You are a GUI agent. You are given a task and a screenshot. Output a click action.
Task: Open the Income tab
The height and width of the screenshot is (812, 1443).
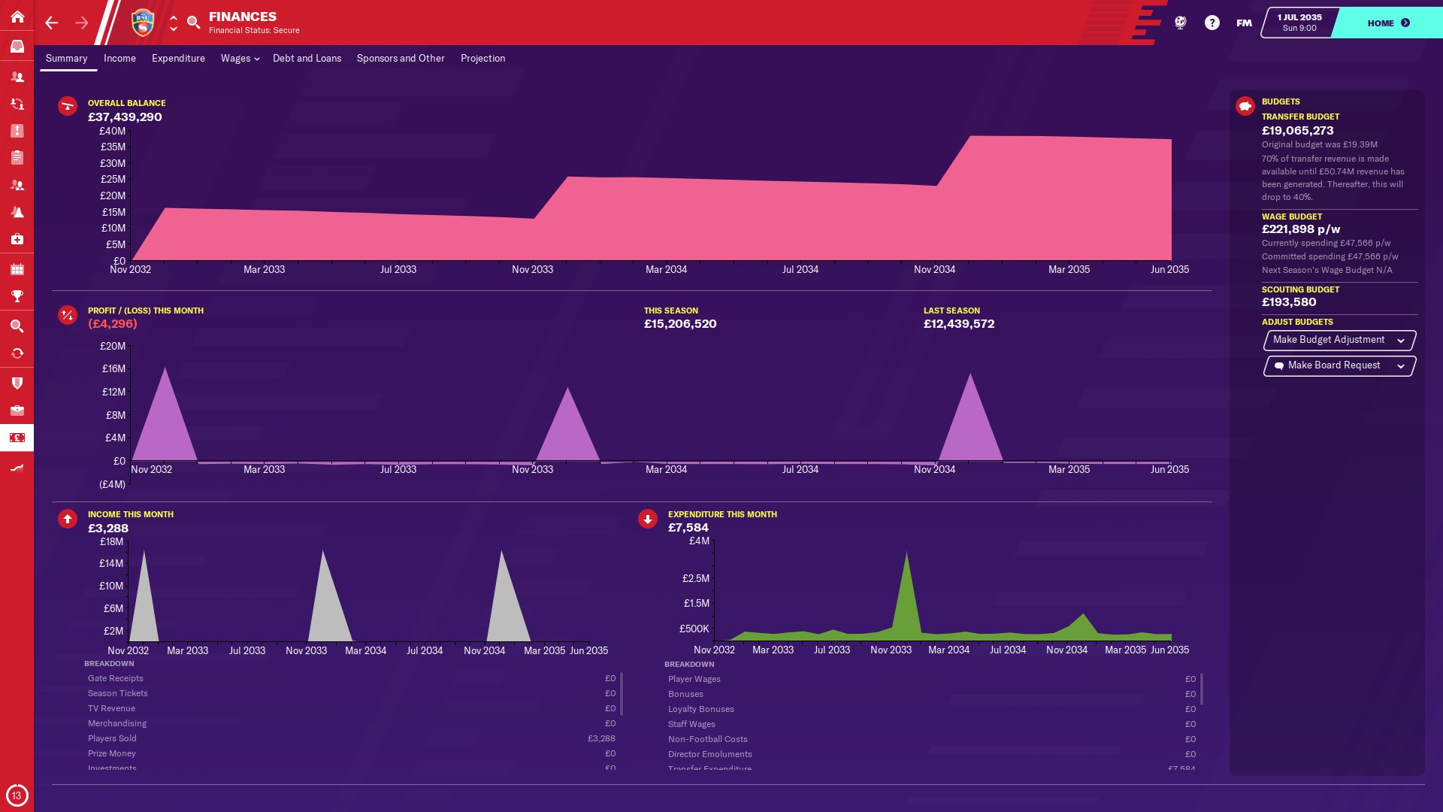tap(119, 58)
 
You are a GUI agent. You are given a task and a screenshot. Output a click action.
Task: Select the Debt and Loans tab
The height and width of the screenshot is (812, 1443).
tap(307, 58)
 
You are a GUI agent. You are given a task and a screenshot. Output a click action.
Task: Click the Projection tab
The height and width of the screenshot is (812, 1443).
tap(483, 58)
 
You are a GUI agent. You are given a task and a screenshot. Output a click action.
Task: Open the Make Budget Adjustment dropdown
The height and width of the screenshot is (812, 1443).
tap(1339, 340)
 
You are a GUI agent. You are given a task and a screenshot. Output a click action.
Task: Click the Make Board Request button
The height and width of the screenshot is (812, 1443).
tap(1339, 365)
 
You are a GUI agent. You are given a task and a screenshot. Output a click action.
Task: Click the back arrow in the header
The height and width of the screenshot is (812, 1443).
tap(51, 23)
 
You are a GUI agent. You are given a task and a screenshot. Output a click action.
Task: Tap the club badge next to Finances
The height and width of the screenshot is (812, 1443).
tap(142, 23)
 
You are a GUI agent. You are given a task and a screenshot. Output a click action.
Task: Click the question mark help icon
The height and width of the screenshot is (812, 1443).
tap(1212, 23)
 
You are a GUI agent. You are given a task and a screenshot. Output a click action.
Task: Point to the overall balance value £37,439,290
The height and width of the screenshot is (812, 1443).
tap(125, 117)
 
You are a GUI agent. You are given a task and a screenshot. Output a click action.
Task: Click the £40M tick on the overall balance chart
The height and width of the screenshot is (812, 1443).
tap(113, 131)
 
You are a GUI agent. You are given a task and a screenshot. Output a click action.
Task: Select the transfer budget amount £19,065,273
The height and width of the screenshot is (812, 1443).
tap(1297, 131)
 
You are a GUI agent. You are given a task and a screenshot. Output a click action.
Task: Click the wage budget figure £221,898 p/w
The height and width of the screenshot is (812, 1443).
tap(1300, 229)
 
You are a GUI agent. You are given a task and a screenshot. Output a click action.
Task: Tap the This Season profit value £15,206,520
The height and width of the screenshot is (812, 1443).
tap(680, 324)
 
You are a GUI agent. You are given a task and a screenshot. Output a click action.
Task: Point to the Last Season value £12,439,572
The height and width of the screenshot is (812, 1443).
tap(959, 324)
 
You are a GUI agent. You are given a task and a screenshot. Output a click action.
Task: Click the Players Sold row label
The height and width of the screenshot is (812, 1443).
tap(112, 738)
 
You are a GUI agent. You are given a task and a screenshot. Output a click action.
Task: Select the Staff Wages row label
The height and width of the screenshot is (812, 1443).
tap(691, 724)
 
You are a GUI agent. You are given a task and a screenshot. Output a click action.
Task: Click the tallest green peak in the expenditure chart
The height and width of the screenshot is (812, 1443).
tap(906, 553)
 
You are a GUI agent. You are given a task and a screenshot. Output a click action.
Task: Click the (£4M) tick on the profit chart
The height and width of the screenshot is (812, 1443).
tap(112, 484)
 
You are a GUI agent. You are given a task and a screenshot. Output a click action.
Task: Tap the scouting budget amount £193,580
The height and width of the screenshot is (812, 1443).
tap(1289, 302)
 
